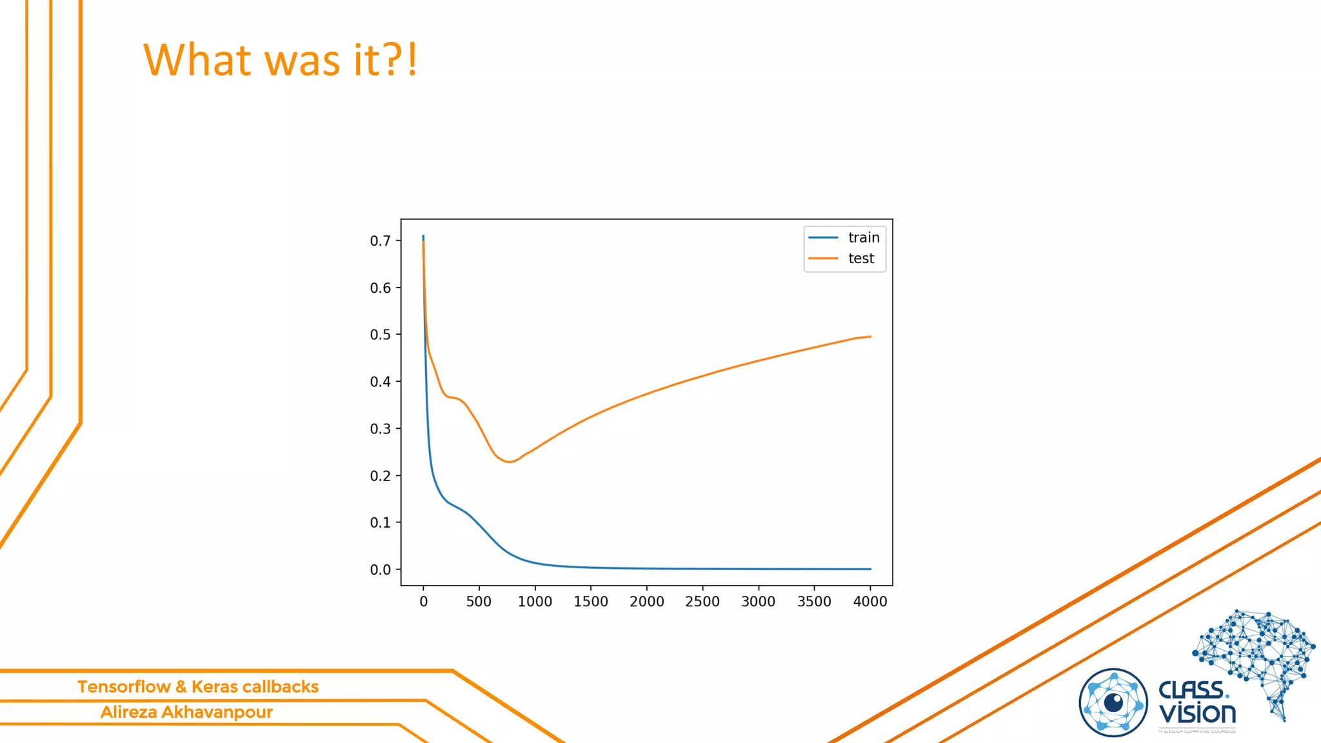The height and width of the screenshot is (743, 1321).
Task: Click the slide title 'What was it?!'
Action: pyautogui.click(x=281, y=60)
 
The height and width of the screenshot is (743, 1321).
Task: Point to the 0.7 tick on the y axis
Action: pyautogui.click(x=381, y=241)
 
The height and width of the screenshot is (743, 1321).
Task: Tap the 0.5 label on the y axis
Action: pyautogui.click(x=381, y=335)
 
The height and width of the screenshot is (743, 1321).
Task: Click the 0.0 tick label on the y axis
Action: pyautogui.click(x=381, y=570)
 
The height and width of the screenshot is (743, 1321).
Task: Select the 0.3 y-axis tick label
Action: pyautogui.click(x=381, y=429)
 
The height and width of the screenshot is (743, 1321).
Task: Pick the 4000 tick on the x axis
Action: pyautogui.click(x=870, y=602)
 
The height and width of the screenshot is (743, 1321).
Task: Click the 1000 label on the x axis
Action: pyautogui.click(x=535, y=602)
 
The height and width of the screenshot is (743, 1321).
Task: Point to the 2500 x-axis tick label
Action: pyautogui.click(x=702, y=602)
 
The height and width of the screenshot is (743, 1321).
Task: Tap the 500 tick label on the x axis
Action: pyautogui.click(x=479, y=602)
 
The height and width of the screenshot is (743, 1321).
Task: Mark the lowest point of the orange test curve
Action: pyautogui.click(x=509, y=462)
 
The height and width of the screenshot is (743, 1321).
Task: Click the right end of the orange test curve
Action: pyautogui.click(x=870, y=337)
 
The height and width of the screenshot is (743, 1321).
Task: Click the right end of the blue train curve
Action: pyautogui.click(x=870, y=569)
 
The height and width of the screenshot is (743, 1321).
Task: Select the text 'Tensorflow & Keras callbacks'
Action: pyautogui.click(x=198, y=687)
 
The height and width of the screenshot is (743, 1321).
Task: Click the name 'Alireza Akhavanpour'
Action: pyautogui.click(x=186, y=712)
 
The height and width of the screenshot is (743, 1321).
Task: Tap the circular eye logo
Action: pyautogui.click(x=1113, y=703)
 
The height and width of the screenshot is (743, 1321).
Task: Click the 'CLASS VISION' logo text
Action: pyautogui.click(x=1197, y=703)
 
